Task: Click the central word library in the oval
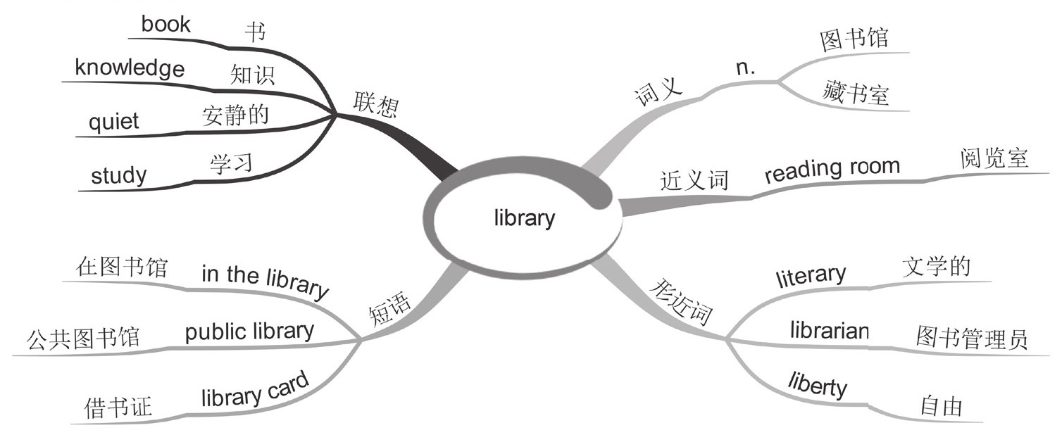pyautogui.click(x=525, y=218)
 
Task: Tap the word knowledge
pyautogui.click(x=130, y=69)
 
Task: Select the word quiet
pyautogui.click(x=113, y=122)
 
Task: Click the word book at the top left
pyautogui.click(x=165, y=25)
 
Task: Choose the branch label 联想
pyautogui.click(x=375, y=106)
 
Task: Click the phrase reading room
pyautogui.click(x=832, y=170)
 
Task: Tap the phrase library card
pyautogui.click(x=254, y=390)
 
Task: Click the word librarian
pyautogui.click(x=829, y=329)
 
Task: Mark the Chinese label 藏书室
pyautogui.click(x=854, y=93)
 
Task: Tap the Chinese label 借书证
pyautogui.click(x=116, y=408)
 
